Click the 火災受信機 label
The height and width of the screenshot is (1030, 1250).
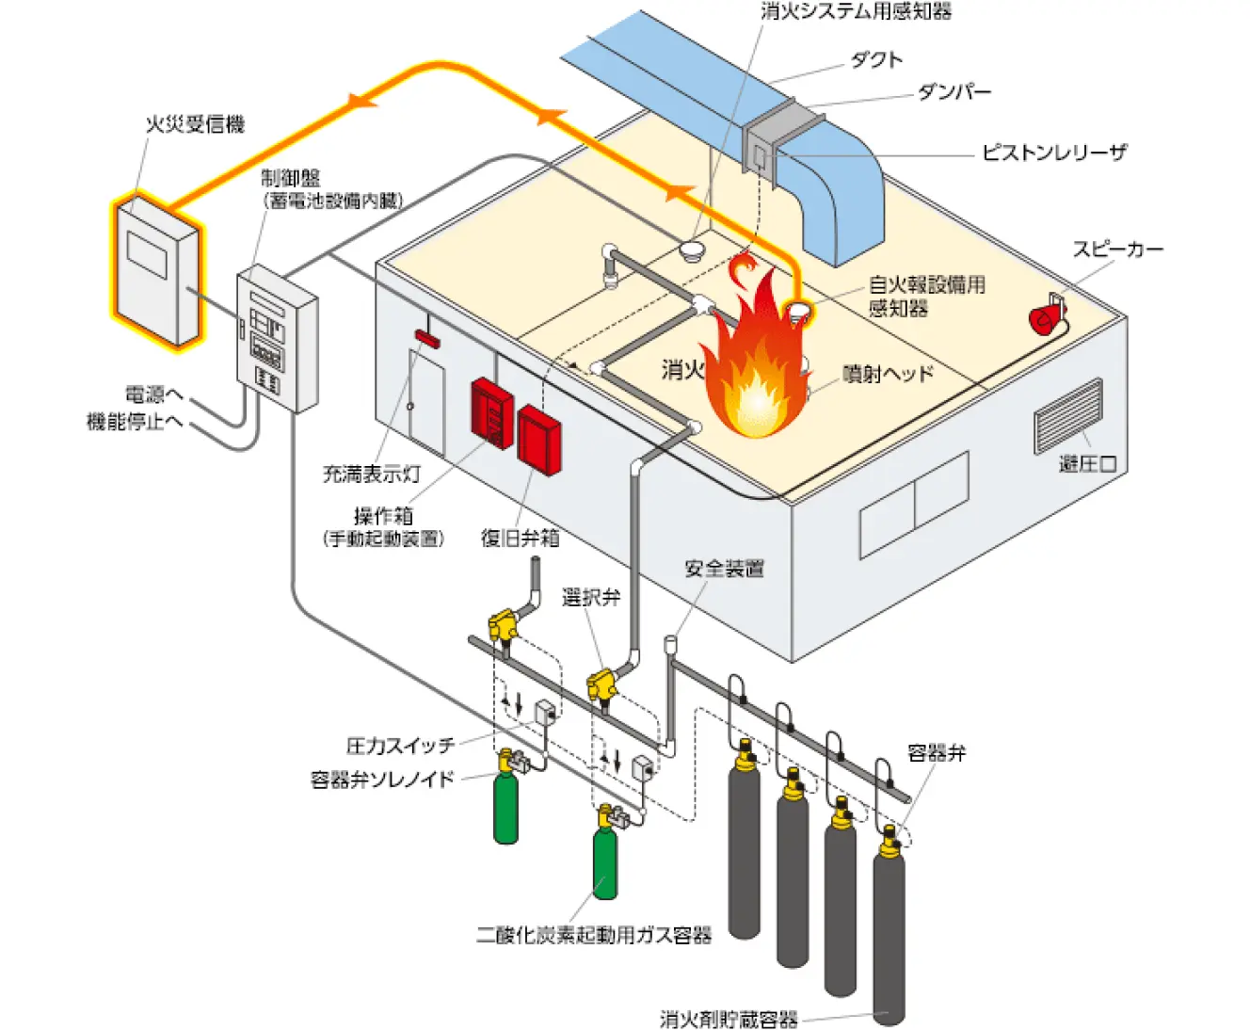(195, 124)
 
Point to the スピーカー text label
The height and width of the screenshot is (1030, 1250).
(1117, 249)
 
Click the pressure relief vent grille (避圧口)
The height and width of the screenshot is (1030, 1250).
(1068, 415)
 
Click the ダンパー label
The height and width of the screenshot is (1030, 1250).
(954, 92)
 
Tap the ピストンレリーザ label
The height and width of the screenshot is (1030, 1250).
(1053, 153)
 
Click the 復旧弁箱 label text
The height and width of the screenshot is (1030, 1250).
(520, 538)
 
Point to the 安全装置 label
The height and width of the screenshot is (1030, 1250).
(724, 569)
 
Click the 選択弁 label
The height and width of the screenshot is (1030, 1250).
(591, 597)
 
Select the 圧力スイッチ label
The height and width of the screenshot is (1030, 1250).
(400, 746)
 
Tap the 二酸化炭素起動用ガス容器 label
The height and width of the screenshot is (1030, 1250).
(594, 935)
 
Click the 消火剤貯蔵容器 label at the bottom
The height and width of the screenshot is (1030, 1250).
(729, 1019)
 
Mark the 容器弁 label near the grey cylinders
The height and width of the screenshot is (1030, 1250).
(936, 753)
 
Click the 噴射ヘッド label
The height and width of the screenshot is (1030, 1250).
(888, 374)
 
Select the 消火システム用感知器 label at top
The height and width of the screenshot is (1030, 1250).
(856, 12)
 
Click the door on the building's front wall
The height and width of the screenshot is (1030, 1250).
(426, 395)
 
